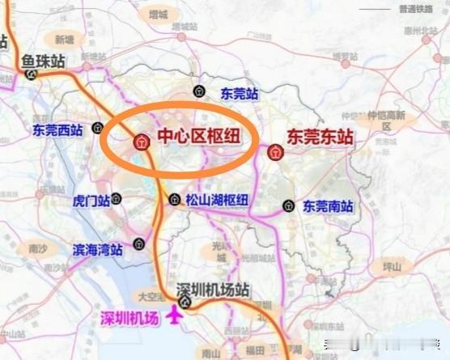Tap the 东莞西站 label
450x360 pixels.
click(57, 129)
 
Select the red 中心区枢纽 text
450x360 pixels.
click(194, 138)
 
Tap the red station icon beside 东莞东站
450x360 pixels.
click(275, 150)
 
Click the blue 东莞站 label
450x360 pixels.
click(240, 93)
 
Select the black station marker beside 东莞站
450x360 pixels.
click(199, 91)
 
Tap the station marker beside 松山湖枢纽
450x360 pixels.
click(174, 199)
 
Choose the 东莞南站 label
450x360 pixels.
click(328, 206)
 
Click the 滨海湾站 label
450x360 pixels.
click(97, 250)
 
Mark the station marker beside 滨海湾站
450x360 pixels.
click(139, 243)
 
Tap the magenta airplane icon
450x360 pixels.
click(174, 316)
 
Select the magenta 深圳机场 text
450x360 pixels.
click(129, 317)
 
